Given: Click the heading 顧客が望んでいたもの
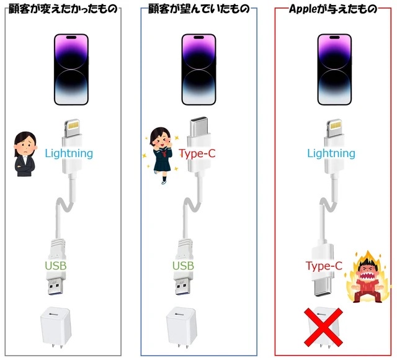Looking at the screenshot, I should [x=199, y=9].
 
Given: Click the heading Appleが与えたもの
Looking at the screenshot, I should [x=333, y=9].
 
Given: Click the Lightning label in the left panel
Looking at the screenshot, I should [x=69, y=153].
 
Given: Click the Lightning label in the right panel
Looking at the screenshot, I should [x=331, y=153].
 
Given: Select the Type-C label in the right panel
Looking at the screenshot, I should [x=324, y=266].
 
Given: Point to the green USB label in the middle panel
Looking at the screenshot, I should [x=184, y=266].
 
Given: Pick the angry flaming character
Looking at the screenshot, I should [x=370, y=277].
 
